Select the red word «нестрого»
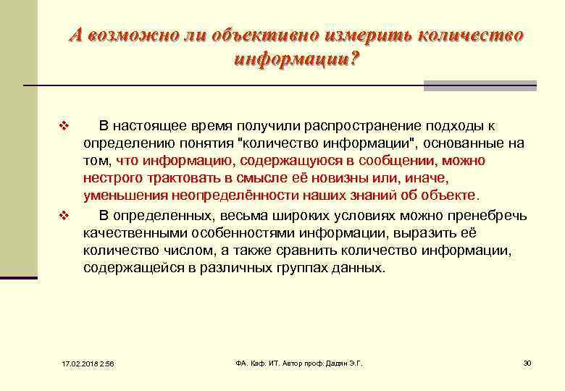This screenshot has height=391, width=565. [110, 177]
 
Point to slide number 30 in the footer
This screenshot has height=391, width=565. [527, 362]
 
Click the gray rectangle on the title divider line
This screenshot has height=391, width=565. [480, 85]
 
